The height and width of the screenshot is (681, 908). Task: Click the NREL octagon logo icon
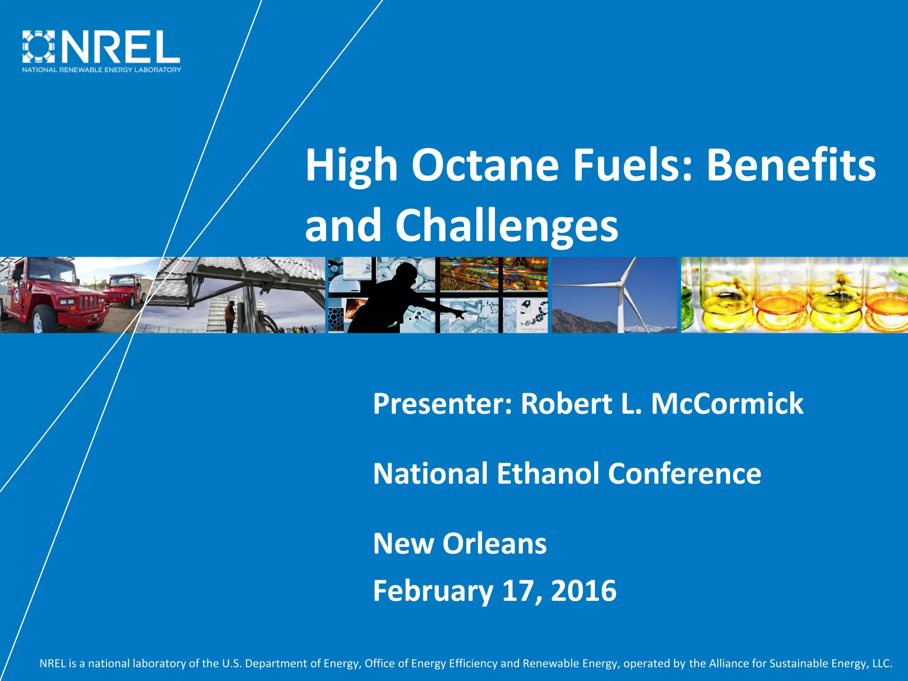39,46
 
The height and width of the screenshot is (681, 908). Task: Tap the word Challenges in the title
507,226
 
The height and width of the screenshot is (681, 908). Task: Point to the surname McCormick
727,403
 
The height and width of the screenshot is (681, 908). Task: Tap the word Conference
685,473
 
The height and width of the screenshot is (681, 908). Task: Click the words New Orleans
460,544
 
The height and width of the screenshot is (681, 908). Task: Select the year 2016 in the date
583,591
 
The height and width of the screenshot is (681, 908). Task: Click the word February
433,591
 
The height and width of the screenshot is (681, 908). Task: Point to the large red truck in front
53,295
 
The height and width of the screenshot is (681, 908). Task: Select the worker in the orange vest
230,316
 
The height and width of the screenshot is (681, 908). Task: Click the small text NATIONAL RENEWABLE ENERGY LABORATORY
102,70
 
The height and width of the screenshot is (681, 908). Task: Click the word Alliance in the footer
729,663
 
